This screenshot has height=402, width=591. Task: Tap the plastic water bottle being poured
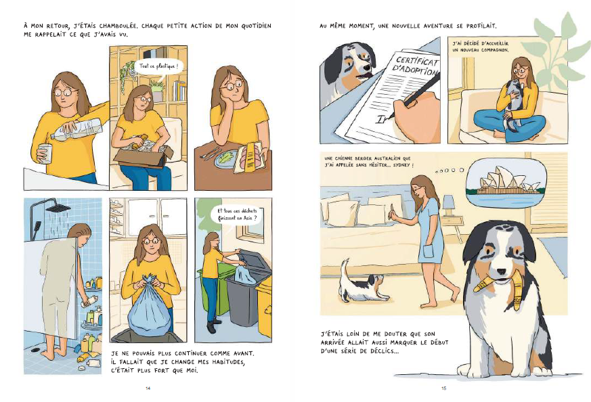click(76, 131)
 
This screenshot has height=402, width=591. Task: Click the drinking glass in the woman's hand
click(45, 154)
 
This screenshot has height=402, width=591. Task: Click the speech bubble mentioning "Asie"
click(237, 214)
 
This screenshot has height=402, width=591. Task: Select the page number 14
click(148, 388)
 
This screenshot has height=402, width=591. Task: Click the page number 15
click(443, 388)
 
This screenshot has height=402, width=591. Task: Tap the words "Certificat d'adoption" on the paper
click(416, 66)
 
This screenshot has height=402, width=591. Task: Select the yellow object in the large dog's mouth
click(496, 290)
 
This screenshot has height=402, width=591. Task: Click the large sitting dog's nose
click(501, 271)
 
